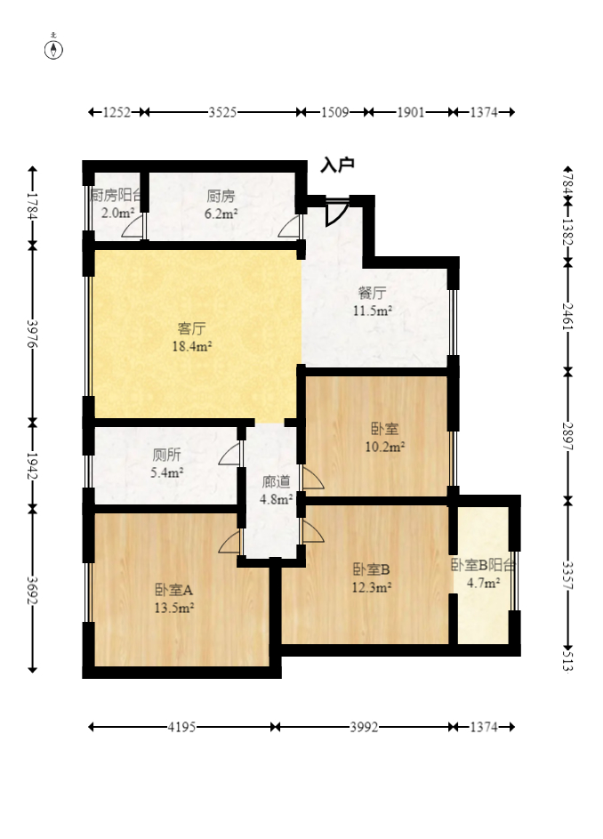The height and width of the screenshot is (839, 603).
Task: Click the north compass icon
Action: click(x=55, y=49)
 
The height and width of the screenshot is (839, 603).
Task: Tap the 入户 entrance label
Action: click(x=338, y=165)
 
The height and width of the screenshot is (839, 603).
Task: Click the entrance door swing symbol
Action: click(x=336, y=213)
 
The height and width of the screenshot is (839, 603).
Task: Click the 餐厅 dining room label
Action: click(x=372, y=293)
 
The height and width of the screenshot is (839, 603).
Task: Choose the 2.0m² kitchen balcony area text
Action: click(x=117, y=214)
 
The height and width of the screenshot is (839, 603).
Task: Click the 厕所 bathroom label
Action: click(x=166, y=454)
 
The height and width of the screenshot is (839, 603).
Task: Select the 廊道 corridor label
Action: click(x=276, y=481)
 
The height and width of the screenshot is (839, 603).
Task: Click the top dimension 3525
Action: click(x=222, y=112)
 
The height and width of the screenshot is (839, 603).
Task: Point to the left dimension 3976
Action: click(x=33, y=335)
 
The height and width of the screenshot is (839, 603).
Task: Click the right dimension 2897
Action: click(x=567, y=435)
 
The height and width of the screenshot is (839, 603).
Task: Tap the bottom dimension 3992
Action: click(x=365, y=727)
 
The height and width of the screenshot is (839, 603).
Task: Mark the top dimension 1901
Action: click(x=410, y=112)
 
